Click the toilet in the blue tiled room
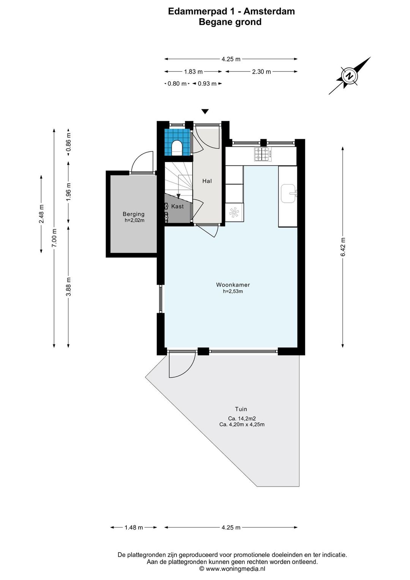click(177, 148)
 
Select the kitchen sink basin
click(288, 194)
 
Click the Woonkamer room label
click(233, 285)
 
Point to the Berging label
click(134, 214)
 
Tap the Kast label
click(177, 206)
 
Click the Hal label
click(207, 181)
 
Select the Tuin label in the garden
click(241, 409)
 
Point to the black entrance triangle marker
click(205, 112)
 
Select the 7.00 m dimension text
click(54, 238)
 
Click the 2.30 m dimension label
click(261, 72)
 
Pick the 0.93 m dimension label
click(207, 84)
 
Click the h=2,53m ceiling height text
click(233, 292)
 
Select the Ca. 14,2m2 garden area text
click(242, 418)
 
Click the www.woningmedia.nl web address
click(235, 569)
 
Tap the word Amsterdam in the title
click(270, 11)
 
